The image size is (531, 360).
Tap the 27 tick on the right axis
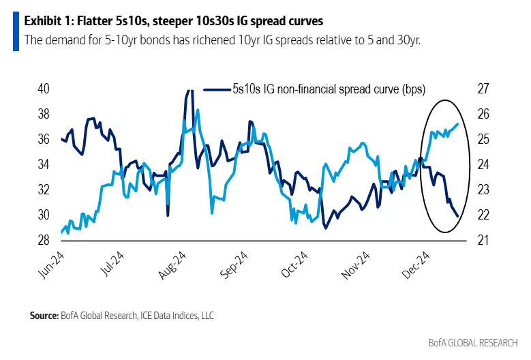[x=483, y=89]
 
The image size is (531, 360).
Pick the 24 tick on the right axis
[x=483, y=164]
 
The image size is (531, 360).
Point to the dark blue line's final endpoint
[x=457, y=215]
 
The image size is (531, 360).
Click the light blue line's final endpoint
[x=457, y=123]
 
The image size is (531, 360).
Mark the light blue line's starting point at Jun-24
[x=61, y=233]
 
